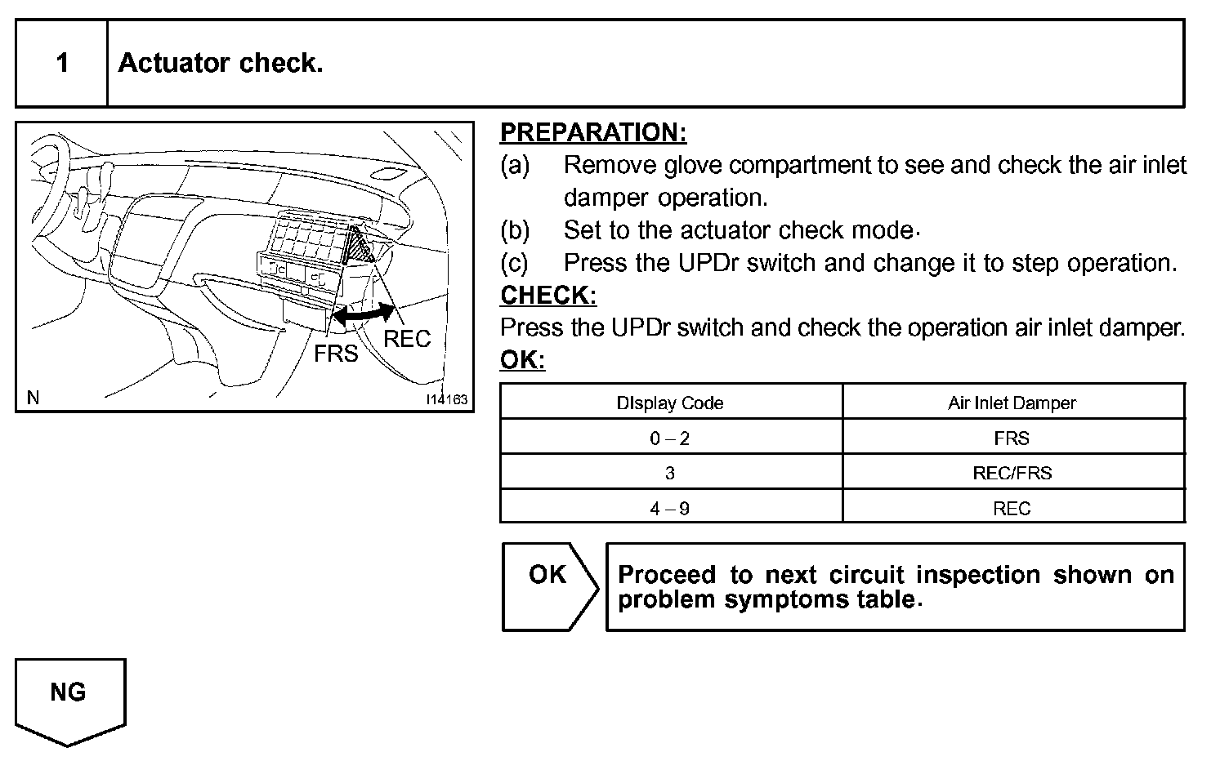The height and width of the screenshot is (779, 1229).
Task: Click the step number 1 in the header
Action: tap(62, 63)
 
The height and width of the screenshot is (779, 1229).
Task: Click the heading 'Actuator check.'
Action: tap(221, 63)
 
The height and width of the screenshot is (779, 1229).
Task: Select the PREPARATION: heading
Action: tap(593, 132)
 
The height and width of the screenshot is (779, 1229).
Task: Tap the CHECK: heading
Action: tap(548, 295)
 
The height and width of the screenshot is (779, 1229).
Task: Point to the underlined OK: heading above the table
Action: tap(522, 360)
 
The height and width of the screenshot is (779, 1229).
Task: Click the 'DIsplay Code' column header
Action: tap(670, 403)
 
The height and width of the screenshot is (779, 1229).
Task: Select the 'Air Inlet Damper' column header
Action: tap(1012, 403)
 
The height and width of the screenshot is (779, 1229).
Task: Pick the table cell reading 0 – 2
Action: tap(670, 438)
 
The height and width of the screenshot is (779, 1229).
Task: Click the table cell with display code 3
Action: tap(670, 473)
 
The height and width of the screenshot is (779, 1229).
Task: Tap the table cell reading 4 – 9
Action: tap(670, 509)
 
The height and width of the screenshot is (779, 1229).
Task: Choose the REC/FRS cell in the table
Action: tap(1012, 473)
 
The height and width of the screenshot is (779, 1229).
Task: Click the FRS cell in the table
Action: tap(1012, 438)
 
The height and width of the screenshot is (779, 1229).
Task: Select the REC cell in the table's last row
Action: tap(1012, 509)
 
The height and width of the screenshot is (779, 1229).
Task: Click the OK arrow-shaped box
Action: tap(548, 586)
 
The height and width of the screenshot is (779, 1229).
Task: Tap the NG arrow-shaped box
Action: tap(69, 698)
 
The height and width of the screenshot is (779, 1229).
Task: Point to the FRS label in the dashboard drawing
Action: tap(336, 354)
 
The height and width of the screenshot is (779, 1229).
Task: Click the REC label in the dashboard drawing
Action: tap(406, 339)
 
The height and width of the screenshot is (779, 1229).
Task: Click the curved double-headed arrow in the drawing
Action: tap(364, 314)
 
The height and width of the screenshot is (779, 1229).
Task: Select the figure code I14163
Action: tap(446, 399)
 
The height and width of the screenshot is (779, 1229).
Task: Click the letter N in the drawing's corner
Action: tap(33, 398)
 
